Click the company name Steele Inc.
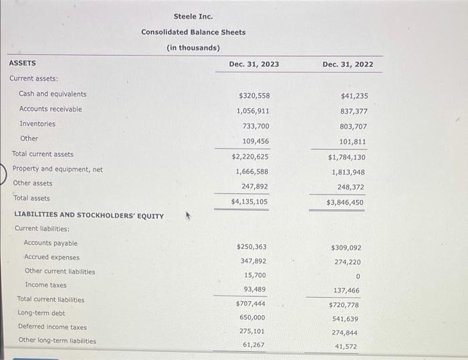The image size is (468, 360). (193, 16)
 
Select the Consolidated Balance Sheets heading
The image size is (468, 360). (193, 32)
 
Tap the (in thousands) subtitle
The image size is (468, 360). (193, 48)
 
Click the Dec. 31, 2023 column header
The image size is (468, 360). (254, 64)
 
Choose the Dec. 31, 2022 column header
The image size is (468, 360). (348, 64)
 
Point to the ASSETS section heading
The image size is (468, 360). (23, 63)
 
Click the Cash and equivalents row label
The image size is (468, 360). (53, 94)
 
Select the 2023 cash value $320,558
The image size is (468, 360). (254, 96)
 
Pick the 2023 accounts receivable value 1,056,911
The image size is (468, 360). (253, 110)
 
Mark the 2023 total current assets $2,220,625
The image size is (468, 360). (250, 157)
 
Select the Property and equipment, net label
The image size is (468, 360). (57, 169)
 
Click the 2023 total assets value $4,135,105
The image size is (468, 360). (249, 201)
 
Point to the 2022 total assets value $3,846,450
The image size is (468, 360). (345, 202)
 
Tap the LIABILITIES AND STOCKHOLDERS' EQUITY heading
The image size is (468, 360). (89, 215)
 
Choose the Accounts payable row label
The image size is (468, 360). (51, 243)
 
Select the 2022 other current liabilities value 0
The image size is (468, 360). (358, 276)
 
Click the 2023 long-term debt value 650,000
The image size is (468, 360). (252, 317)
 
